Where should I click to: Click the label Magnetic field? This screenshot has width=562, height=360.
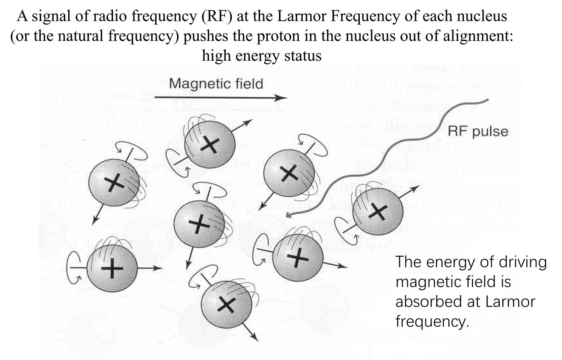tap(216, 83)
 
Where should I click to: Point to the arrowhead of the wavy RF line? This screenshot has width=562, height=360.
tap(289, 216)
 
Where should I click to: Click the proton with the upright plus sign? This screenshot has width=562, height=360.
tap(112, 268)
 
